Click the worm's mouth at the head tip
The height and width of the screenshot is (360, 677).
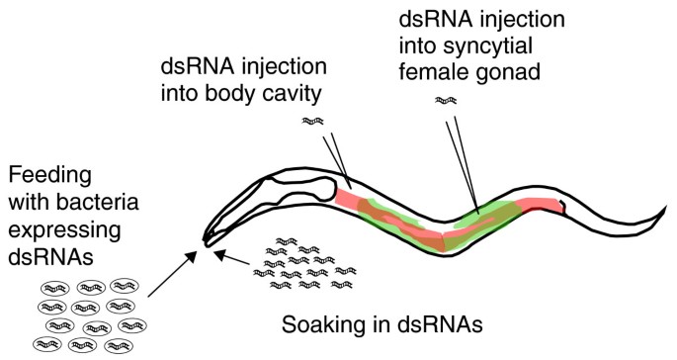point(205,240)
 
